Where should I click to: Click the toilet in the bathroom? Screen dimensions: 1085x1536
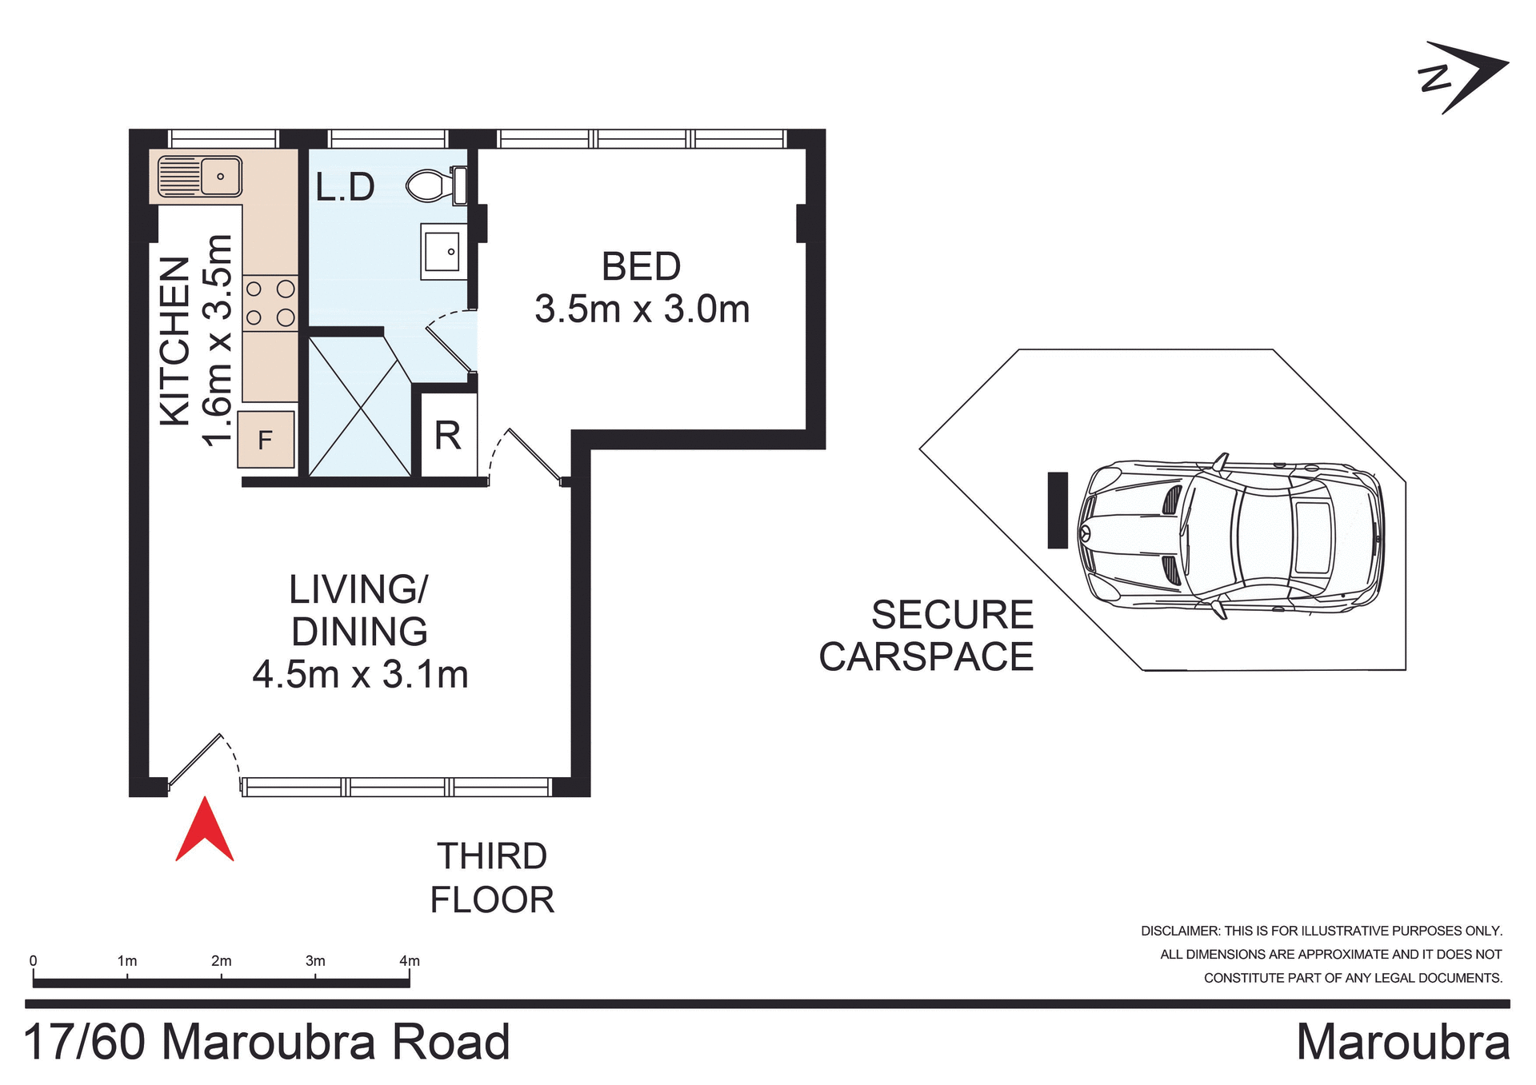[x=435, y=185]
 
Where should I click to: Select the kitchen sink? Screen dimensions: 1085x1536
[x=200, y=176]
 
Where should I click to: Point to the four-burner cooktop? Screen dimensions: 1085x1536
[x=270, y=303]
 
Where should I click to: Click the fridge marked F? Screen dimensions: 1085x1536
[x=266, y=439]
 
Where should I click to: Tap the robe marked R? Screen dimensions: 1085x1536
[x=448, y=436]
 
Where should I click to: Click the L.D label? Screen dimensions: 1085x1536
[x=345, y=187]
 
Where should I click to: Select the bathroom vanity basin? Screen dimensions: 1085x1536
[x=442, y=252]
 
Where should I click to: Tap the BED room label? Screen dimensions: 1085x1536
[x=641, y=266]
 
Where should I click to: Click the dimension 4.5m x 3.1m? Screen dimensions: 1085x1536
[x=360, y=674]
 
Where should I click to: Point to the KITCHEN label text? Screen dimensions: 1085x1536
[x=175, y=341]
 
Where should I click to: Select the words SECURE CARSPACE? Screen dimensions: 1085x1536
[x=928, y=636]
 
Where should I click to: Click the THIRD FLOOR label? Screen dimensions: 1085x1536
[x=491, y=878]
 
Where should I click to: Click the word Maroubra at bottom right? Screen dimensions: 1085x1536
[x=1402, y=1043]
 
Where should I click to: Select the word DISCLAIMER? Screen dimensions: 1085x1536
[x=1179, y=931]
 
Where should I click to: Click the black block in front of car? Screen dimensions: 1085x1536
[x=1058, y=510]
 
